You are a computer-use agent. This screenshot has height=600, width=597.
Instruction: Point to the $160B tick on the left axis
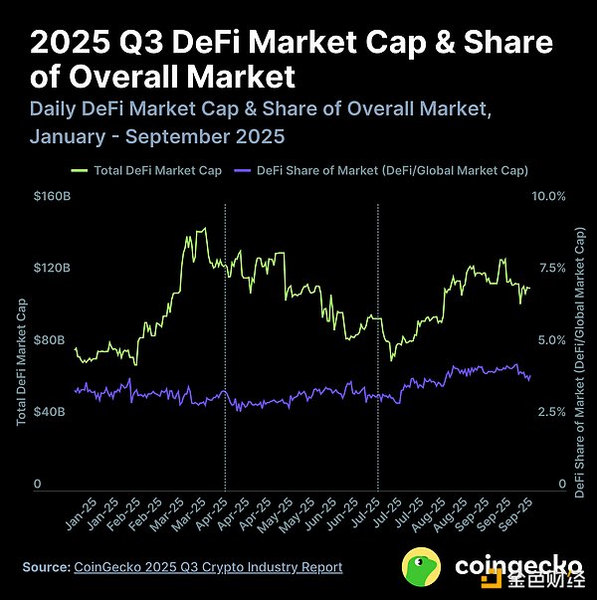point(51,197)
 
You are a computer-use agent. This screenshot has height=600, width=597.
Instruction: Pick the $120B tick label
point(51,269)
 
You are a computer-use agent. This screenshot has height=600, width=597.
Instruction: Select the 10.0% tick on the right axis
point(549,197)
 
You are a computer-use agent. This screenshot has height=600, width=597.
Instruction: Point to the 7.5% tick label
point(552,269)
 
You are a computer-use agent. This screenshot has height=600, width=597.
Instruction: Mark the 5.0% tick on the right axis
point(552,340)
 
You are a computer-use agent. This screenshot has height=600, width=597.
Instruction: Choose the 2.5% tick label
point(552,412)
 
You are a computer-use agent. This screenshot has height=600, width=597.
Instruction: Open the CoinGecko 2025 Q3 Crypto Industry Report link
point(208,567)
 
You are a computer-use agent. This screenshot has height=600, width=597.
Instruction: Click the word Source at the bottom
point(46,567)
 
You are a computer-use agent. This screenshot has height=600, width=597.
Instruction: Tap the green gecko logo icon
point(422,567)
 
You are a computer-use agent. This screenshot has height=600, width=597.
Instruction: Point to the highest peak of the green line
point(204,229)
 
